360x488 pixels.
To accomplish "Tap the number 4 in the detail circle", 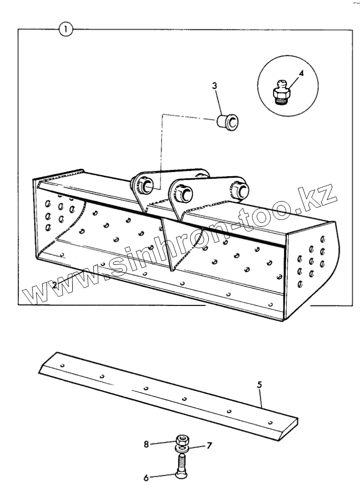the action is pos(301,73).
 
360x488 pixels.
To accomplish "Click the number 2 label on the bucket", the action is pos(54,285).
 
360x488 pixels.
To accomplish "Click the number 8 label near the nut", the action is pos(148,444).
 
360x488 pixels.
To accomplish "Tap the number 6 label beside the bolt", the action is pos(147,478).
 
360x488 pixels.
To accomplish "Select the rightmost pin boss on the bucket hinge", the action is pos(241,189).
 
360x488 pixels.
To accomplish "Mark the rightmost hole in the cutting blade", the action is pos(270,422).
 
